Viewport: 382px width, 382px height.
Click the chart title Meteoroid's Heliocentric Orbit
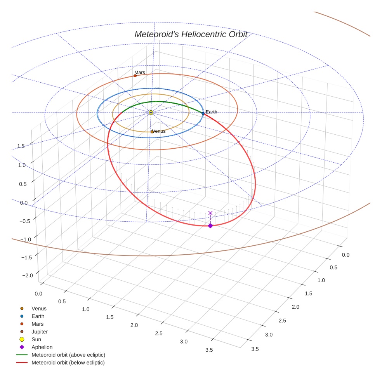[x=191, y=34]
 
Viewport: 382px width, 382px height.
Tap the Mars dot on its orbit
[x=135, y=76]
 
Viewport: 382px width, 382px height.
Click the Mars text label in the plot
[x=140, y=72]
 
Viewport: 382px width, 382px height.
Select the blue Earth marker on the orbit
[x=203, y=113]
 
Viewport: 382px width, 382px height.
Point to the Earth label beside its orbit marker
[x=212, y=112]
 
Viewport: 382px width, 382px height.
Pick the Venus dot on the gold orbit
[x=152, y=132]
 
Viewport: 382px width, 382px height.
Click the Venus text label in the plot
[x=159, y=131]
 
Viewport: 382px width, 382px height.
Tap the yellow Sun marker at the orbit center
[x=151, y=113]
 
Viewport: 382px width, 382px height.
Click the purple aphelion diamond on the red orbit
[x=210, y=226]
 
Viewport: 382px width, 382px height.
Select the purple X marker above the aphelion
[x=210, y=213]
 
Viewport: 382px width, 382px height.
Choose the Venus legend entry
[x=39, y=308]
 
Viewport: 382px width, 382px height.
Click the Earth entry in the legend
[x=38, y=316]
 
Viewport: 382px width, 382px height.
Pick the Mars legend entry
[x=38, y=324]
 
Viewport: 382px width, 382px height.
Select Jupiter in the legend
[x=40, y=332]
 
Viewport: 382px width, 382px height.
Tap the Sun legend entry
[x=36, y=339]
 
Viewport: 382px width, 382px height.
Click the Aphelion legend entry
[x=42, y=347]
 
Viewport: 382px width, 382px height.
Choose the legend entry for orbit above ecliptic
[x=68, y=355]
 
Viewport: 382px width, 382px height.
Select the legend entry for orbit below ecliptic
[x=68, y=363]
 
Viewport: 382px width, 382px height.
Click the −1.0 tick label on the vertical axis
[x=26, y=240]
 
